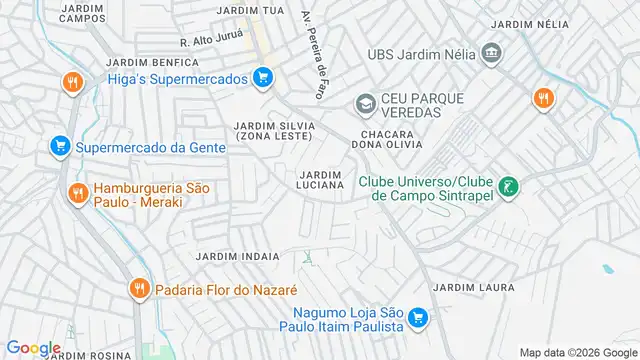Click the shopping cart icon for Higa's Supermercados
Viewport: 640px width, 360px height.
click(263, 78)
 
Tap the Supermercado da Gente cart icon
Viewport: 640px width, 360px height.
click(59, 147)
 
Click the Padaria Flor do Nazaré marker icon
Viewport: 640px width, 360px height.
click(139, 290)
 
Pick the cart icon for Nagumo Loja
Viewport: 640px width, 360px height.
click(419, 319)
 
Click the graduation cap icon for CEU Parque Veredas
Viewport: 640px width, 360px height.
click(365, 103)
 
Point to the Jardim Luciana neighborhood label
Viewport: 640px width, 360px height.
click(322, 179)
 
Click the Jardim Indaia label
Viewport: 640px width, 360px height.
click(237, 256)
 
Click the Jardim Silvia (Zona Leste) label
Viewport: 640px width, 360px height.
click(274, 130)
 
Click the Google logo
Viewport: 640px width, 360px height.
click(33, 348)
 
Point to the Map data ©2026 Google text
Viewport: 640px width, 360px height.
click(576, 351)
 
